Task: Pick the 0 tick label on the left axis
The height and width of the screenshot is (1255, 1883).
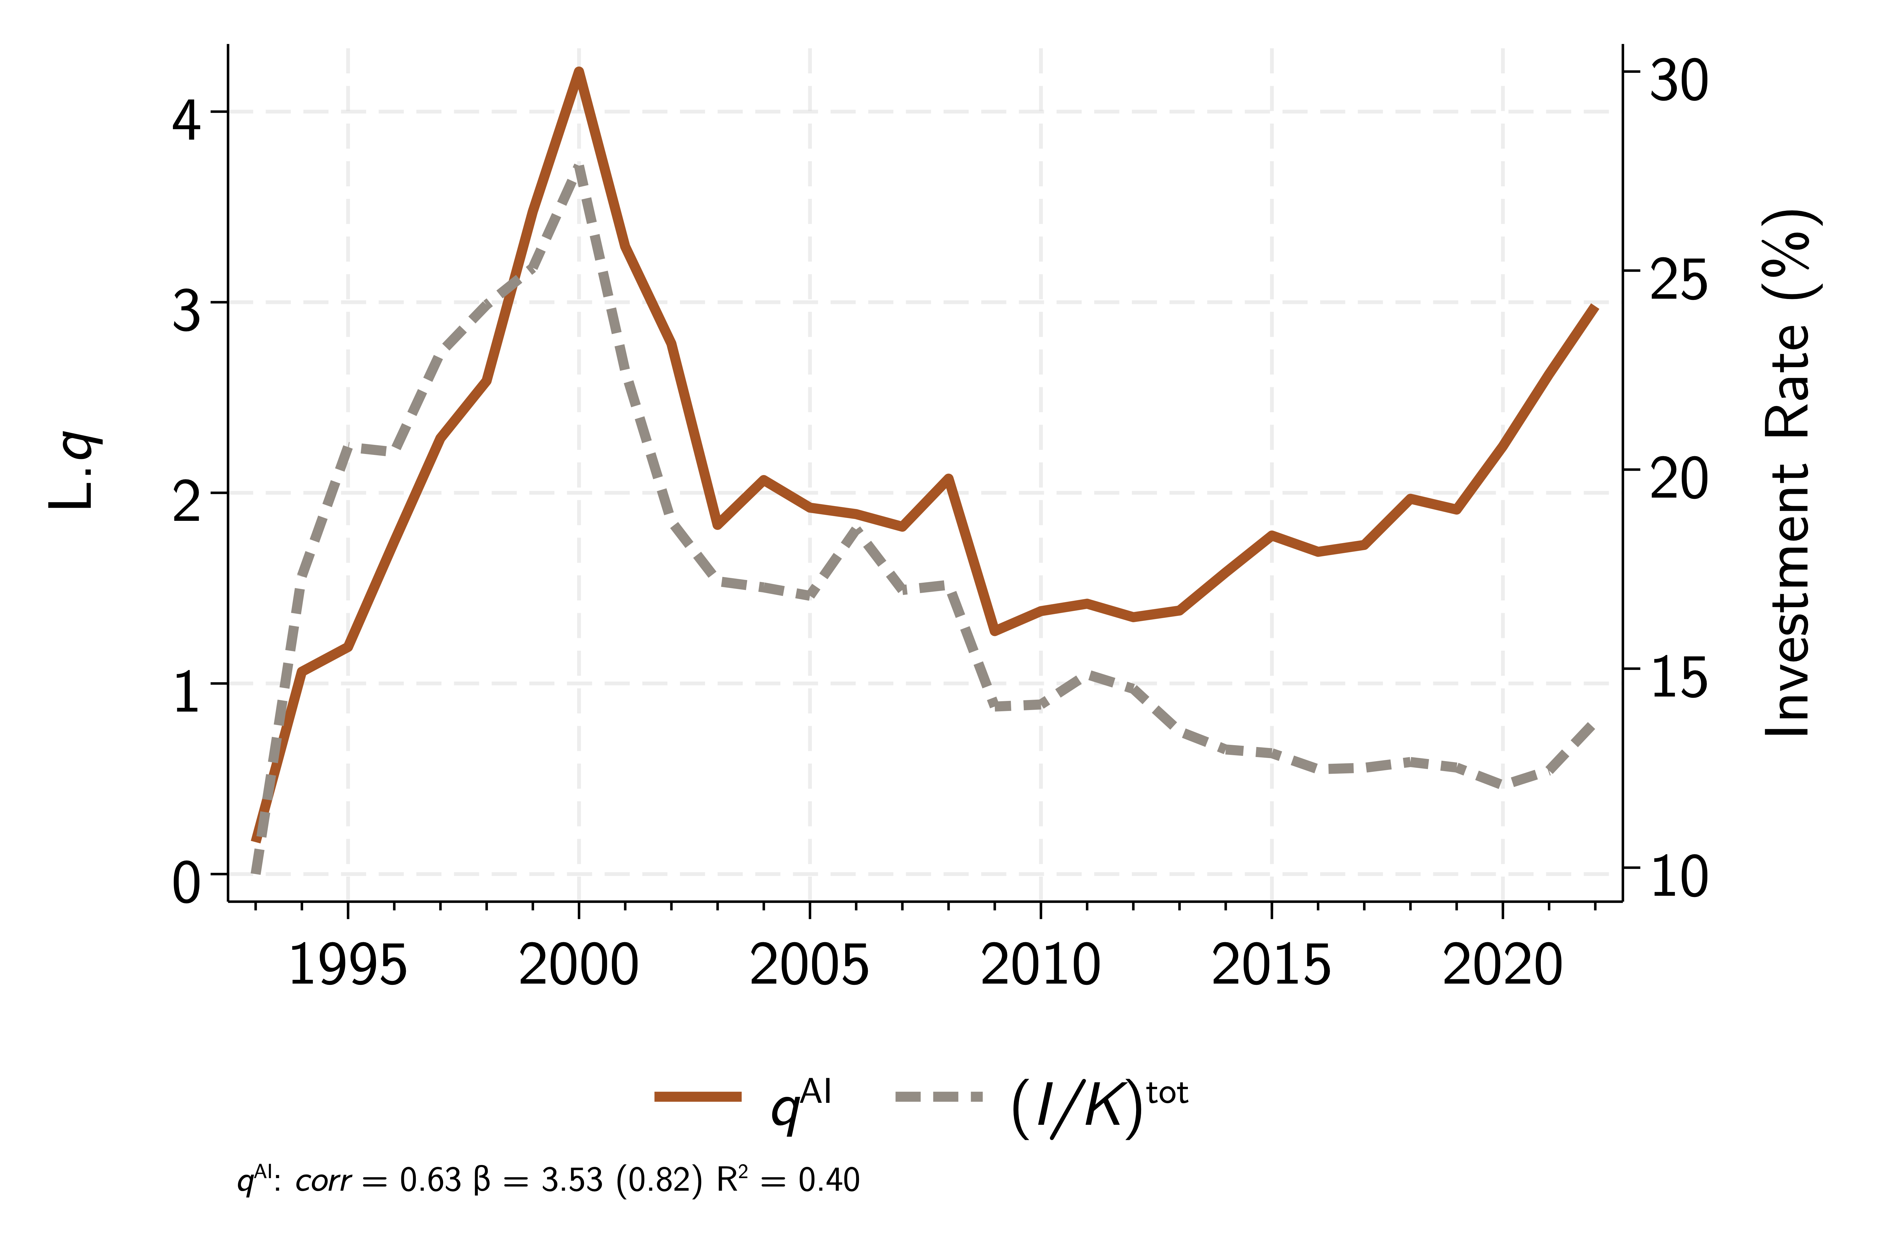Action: [186, 883]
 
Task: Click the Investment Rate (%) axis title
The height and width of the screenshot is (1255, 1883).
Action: [1792, 472]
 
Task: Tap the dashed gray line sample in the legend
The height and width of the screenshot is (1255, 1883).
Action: [938, 1097]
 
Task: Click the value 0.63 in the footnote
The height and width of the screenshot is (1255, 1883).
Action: [430, 1181]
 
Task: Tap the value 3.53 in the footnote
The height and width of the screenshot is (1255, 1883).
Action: [571, 1181]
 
